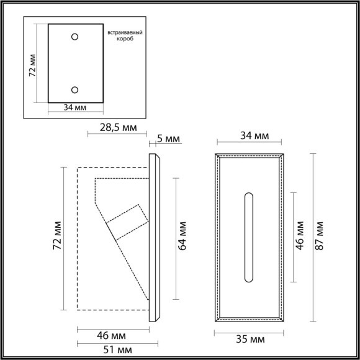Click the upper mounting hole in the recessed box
[75, 37]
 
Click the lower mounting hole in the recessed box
[75, 89]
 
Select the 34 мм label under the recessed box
[74, 107]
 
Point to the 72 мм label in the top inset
[32, 63]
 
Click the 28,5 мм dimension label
[117, 129]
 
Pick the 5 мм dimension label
[168, 138]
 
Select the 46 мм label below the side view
[112, 335]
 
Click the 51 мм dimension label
[112, 351]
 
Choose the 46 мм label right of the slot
[300, 235]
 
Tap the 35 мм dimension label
[250, 341]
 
